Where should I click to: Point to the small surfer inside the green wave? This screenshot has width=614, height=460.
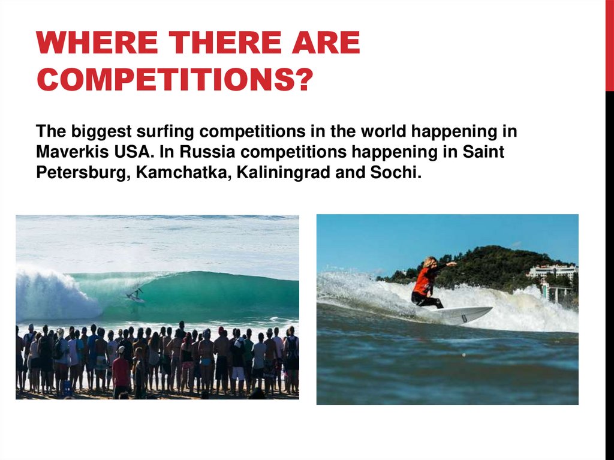click(136, 295)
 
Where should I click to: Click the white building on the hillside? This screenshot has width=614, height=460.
click(552, 272)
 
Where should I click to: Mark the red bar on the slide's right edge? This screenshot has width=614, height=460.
click(609, 45)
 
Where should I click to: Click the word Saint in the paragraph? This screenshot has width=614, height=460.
click(483, 152)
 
